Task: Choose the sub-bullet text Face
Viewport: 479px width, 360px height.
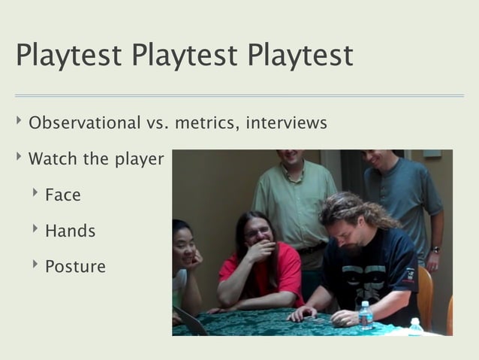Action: pyautogui.click(x=62, y=195)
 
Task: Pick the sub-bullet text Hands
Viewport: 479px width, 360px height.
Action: pyautogui.click(x=70, y=231)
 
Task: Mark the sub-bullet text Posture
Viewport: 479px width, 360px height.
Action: pyautogui.click(x=75, y=266)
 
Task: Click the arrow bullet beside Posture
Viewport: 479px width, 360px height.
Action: pyautogui.click(x=35, y=265)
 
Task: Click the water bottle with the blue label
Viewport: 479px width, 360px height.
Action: pyautogui.click(x=366, y=316)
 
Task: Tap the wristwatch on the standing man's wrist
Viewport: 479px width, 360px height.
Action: pyautogui.click(x=435, y=250)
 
